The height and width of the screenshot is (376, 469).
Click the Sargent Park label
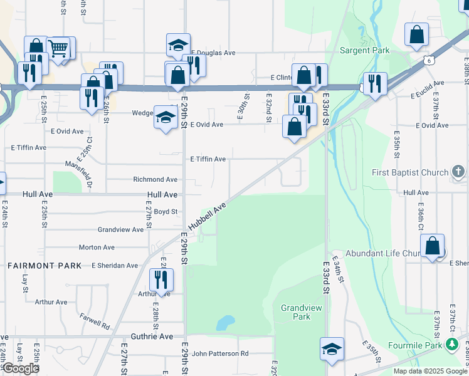click(x=364, y=50)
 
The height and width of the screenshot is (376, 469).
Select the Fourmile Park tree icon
click(x=452, y=344)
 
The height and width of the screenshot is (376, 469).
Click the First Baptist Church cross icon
click(x=458, y=172)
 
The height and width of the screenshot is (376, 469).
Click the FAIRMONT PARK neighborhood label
click(x=45, y=266)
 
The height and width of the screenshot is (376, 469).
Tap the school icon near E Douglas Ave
click(x=178, y=45)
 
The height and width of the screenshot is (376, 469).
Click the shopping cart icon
click(x=58, y=48)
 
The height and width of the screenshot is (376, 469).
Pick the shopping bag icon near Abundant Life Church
click(x=433, y=246)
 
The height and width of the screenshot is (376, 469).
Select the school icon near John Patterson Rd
click(x=332, y=349)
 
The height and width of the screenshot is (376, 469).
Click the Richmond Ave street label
click(x=155, y=179)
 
